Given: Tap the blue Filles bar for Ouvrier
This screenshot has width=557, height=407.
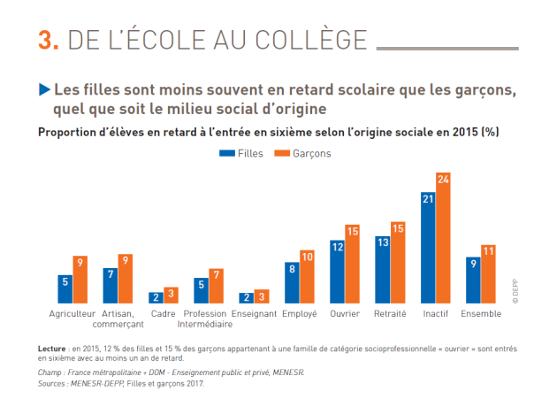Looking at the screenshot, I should [x=337, y=272].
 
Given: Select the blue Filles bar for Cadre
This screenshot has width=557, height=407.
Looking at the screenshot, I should [x=156, y=298].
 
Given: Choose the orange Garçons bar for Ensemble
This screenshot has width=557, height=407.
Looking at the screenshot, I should [x=488, y=274].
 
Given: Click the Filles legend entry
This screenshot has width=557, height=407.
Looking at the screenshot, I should [x=242, y=153].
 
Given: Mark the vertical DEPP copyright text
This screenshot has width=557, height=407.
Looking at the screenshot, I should [x=514, y=289].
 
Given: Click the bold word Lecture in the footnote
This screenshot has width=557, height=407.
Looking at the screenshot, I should [x=53, y=349].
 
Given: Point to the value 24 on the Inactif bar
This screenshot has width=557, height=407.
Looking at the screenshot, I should [x=443, y=179].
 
